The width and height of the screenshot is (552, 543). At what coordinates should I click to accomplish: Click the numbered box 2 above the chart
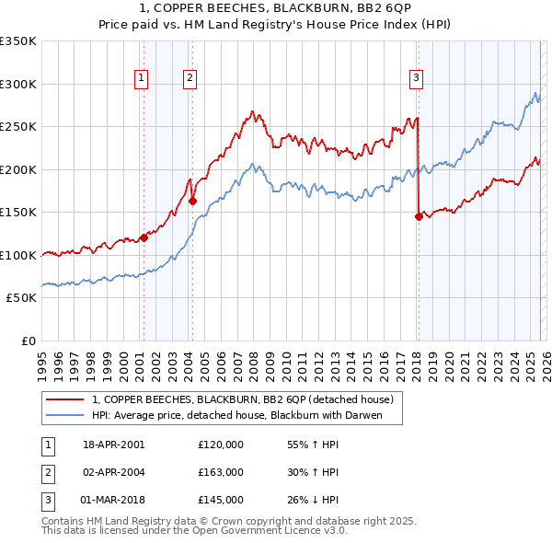190,79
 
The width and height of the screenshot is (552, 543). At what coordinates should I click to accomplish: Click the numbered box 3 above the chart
417,79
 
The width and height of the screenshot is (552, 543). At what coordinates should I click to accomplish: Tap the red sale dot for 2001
144,237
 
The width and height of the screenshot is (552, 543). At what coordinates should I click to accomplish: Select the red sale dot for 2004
192,201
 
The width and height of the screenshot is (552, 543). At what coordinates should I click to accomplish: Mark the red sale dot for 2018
419,217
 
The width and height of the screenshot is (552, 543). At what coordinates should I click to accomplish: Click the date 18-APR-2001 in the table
114,445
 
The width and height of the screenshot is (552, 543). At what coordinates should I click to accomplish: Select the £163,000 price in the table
220,472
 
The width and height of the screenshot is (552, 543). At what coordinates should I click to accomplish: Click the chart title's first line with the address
275,8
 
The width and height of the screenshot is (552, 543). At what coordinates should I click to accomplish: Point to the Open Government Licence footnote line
195,531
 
